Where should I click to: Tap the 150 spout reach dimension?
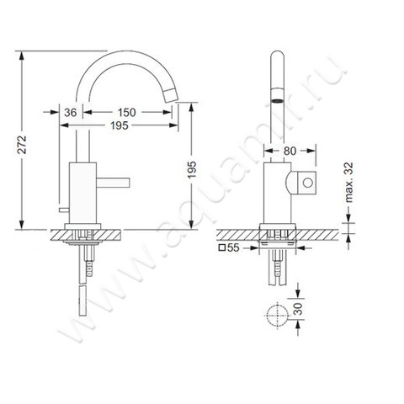tap(127, 112)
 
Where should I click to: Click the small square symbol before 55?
tap(223, 249)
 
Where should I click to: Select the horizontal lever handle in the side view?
tap(111, 181)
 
